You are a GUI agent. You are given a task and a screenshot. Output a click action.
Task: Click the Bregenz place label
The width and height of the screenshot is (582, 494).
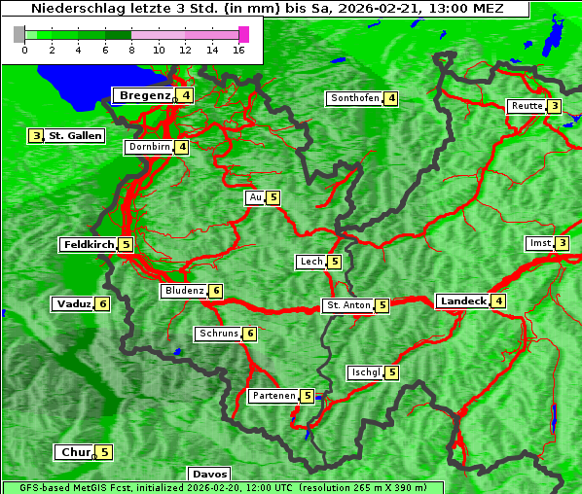click(x=144, y=95)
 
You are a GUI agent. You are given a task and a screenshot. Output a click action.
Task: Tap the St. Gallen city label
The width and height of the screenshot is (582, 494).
click(x=76, y=136)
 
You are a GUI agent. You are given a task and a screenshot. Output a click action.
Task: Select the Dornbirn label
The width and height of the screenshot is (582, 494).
click(x=149, y=147)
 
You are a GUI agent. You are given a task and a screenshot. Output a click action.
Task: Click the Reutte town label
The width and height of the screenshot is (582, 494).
click(x=527, y=106)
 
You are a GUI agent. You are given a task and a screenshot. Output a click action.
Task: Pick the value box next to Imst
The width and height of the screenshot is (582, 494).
click(x=562, y=243)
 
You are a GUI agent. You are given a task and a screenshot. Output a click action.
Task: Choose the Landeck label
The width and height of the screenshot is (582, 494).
click(x=462, y=301)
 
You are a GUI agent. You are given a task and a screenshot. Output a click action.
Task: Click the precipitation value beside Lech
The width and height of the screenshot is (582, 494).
click(x=334, y=262)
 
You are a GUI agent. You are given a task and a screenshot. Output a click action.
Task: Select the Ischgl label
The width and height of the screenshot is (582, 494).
click(x=365, y=372)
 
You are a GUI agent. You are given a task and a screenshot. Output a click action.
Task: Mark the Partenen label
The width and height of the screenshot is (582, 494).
click(x=273, y=396)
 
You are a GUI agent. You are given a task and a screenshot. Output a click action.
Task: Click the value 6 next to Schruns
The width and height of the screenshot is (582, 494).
click(x=249, y=334)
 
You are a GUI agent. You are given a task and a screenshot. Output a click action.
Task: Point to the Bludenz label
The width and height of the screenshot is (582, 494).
click(x=184, y=291)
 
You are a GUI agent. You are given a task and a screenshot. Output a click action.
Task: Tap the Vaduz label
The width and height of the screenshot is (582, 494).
click(x=73, y=304)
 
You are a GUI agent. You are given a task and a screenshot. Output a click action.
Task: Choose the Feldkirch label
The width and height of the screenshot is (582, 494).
click(x=88, y=245)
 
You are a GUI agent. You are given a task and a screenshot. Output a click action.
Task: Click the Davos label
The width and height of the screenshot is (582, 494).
click(x=209, y=475)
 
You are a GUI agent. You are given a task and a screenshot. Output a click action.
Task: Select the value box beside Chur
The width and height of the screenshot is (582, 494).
click(x=104, y=452)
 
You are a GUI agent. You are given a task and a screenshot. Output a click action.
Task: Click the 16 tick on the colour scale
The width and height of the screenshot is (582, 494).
click(x=237, y=50)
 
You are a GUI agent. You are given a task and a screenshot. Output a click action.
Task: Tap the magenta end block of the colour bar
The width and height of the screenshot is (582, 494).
click(x=243, y=34)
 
